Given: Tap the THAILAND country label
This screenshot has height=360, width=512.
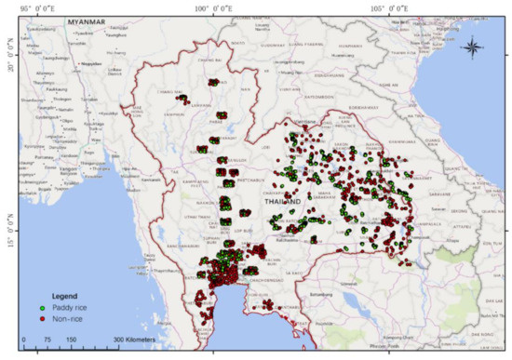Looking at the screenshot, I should coord(282,202).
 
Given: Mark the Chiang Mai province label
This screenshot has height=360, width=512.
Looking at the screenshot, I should coord(173,91).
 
